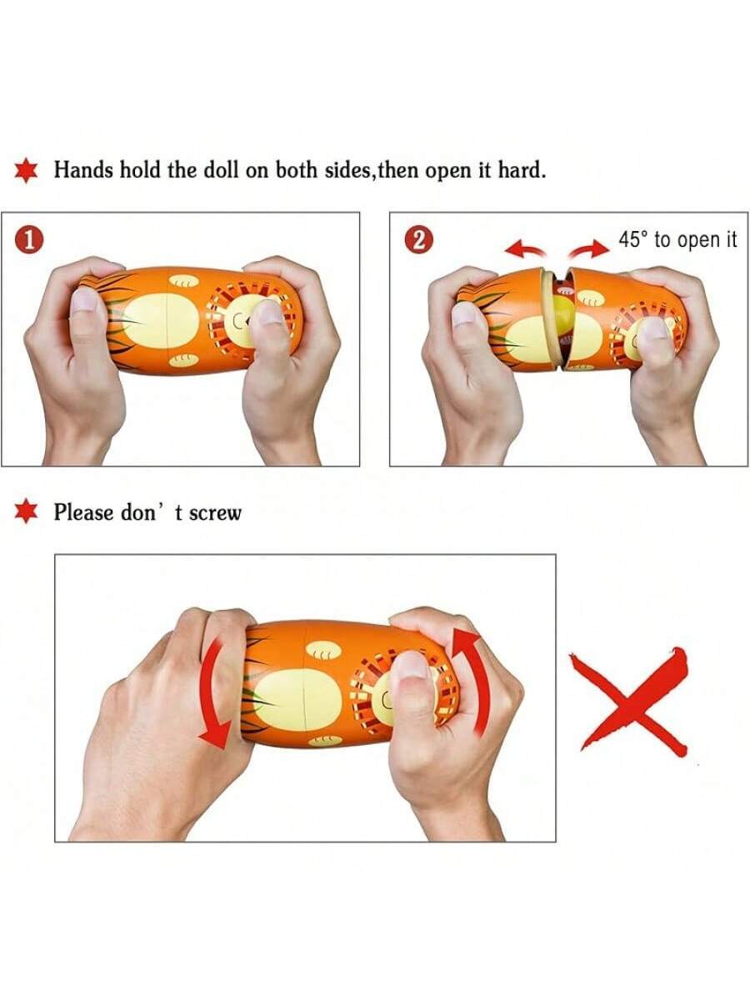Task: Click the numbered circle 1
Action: pos(29,241)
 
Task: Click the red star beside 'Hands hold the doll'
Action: pos(26,170)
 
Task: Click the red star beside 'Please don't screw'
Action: pos(26,511)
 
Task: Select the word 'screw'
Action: pos(214,513)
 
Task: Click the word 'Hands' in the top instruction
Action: pos(83,169)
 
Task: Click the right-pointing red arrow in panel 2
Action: pos(589,249)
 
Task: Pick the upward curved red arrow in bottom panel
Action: pos(472,681)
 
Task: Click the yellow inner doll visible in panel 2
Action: pos(562,310)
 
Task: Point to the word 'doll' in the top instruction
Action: pos(221,169)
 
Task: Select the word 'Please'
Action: pos(83,512)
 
